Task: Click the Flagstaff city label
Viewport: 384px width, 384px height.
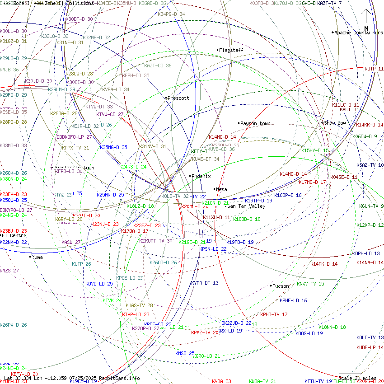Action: (231, 50)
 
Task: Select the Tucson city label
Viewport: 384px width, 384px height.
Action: (281, 286)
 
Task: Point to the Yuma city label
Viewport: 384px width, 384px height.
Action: (37, 257)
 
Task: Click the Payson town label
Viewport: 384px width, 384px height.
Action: (255, 123)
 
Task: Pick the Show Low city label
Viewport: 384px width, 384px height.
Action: (335, 123)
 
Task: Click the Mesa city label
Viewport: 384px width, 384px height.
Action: (221, 190)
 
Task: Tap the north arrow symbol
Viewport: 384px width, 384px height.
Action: (366, 20)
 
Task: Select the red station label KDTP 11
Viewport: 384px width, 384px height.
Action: (374, 69)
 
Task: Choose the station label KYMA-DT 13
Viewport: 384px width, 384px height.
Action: (204, 283)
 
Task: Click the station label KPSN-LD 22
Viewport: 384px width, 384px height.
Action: (213, 249)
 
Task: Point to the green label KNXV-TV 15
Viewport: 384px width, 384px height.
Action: (310, 284)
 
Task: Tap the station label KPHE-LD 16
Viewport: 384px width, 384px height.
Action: (293, 300)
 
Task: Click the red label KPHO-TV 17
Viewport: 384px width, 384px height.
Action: (274, 314)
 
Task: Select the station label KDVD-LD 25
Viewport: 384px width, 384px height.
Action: (99, 284)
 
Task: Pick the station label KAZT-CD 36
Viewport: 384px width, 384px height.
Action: (158, 66)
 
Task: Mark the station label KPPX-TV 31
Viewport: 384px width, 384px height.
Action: (75, 148)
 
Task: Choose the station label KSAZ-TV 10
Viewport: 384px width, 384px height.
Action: (370, 165)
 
